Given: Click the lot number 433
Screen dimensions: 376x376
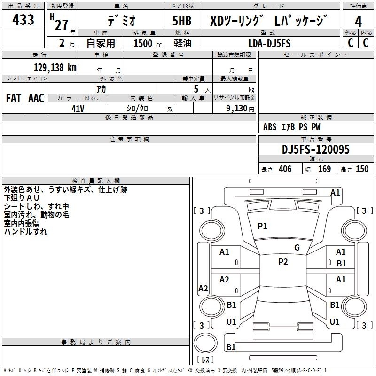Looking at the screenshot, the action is pos(23,19).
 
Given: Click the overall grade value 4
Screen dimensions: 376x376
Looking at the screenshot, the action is pos(358,22).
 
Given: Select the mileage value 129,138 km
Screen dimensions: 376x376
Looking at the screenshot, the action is pos(55,68).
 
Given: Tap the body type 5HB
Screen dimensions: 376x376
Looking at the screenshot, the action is pos(182,21).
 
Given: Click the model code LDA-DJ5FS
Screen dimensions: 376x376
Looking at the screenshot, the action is pos(269,43).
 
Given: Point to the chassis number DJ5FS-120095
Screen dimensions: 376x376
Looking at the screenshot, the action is pos(316,149).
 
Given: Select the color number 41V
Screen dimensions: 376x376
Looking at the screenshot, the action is pos(78,109).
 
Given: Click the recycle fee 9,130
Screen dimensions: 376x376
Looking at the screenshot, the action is pos(237,108).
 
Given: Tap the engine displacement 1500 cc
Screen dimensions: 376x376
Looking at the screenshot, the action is pos(148,43).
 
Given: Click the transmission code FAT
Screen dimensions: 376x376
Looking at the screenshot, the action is pos(14,98).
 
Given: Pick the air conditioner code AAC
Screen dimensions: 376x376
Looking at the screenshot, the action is pos(36,98).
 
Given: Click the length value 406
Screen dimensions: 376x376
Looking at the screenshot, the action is pos(285,169).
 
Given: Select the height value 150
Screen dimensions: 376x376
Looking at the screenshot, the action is pos(362,169).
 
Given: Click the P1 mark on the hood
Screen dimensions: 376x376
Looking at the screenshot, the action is pos(262,226).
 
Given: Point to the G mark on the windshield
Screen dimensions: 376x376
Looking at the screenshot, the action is pos(297,248).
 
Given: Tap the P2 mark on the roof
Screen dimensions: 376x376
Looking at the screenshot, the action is pos(283,262).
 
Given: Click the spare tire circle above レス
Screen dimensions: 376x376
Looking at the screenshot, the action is pos(205,343).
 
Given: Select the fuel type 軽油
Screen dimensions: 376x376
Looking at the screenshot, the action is pos(183,43).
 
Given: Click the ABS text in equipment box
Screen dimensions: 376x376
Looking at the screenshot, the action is pos(270,127).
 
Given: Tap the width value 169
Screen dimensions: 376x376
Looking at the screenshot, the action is pos(324,169).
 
